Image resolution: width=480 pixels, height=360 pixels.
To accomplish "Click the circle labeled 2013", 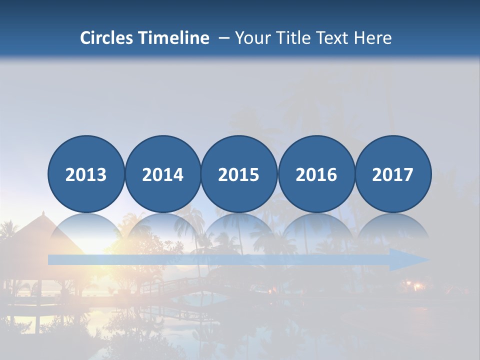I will (86, 174).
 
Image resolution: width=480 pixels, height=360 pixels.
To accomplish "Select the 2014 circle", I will (162, 174).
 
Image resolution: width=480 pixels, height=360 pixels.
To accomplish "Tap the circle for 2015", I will (239, 174).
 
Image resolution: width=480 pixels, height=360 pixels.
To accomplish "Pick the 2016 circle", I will (316, 174).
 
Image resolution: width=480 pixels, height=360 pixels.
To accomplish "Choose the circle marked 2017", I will (393, 174).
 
